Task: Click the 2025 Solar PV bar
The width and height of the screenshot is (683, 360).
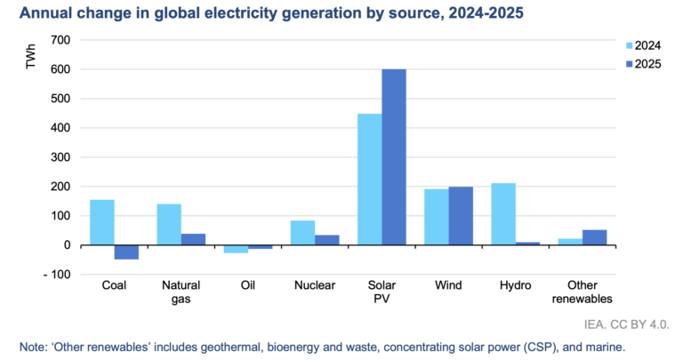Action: pos(394,156)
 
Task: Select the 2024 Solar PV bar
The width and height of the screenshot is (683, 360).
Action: pos(369,180)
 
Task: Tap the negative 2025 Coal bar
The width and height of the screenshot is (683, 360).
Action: pos(126,252)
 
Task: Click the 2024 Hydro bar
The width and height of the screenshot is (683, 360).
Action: pos(503,214)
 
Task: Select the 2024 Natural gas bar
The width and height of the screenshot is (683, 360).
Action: pos(169,225)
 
